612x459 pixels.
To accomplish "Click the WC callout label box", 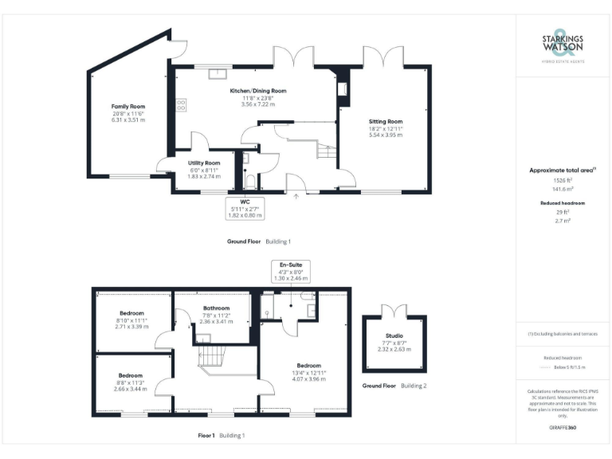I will tap(245, 209).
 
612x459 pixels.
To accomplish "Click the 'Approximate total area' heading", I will tap(563, 170).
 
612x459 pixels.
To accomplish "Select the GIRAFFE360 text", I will tap(563, 429).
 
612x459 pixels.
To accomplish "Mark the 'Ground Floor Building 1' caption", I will tap(259, 241).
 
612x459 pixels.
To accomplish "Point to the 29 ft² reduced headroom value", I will tap(563, 212).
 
